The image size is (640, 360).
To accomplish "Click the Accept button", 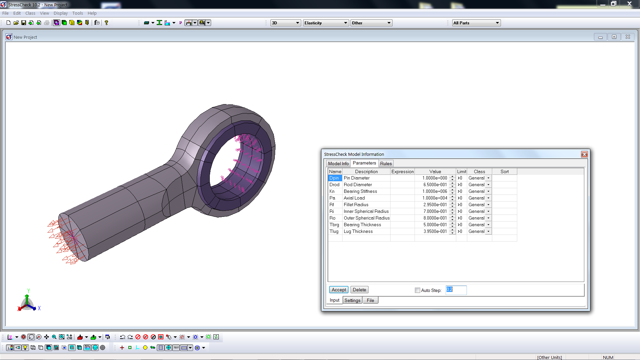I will pos(339,290).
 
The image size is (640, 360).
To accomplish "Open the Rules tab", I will pos(386,163).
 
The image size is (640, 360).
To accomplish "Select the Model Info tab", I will pos(338,163).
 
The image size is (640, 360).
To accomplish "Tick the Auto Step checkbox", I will pos(417,290).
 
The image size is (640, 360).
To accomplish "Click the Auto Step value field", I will pos(456,290).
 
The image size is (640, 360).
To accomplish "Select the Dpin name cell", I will pos(335,178).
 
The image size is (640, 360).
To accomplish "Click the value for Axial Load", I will pos(434,198).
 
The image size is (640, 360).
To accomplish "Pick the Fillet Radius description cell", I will pos(366,205).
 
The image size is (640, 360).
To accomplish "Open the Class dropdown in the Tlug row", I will pos(488,231).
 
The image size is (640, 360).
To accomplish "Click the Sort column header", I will pos(504,171).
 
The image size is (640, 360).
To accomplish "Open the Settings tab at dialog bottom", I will pos(352,300).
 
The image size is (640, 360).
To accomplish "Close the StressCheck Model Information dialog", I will pos(584,154).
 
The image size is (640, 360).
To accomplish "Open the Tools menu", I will pos(77,13).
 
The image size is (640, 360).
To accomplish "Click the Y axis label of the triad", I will pos(29,291).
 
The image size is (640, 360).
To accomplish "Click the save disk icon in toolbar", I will pos(24,23).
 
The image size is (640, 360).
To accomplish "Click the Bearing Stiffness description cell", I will pos(366,191).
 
